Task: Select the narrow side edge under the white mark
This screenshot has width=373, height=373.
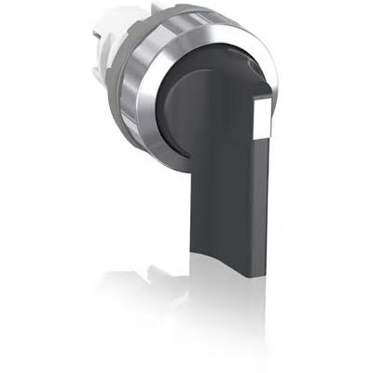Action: [x=260, y=186]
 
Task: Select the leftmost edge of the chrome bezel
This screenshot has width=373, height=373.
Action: [x=141, y=103]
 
